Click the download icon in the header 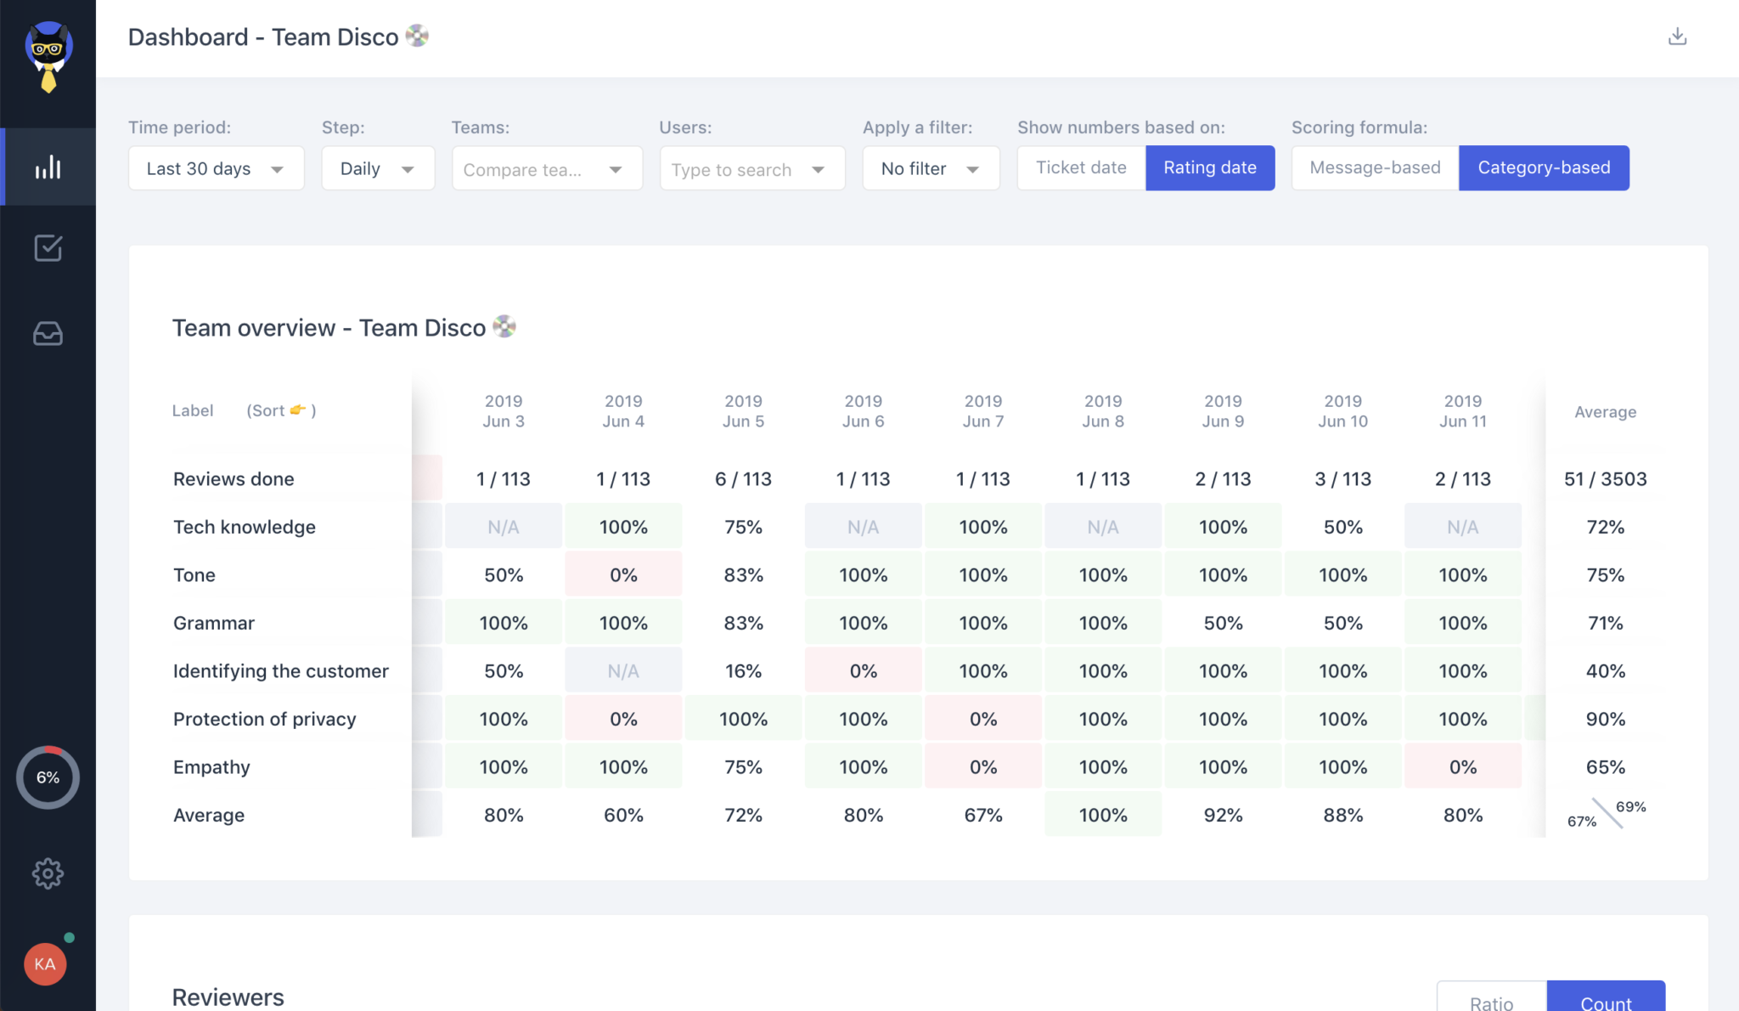coord(1677,37)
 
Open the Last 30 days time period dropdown coord(216,168)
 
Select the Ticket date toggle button coord(1081,167)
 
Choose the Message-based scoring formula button coord(1375,167)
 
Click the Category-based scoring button coord(1544,167)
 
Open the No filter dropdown coord(931,168)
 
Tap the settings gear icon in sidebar coord(48,873)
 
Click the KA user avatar coord(45,964)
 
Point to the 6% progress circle coord(48,777)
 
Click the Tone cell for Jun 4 coord(623,575)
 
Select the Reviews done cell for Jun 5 coord(743,479)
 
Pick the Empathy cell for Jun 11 coord(1462,767)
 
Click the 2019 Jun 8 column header coord(1103,411)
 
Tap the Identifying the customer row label coord(281,671)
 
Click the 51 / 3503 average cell coord(1605,479)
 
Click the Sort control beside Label coord(281,410)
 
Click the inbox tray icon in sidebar coord(48,334)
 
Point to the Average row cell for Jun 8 coord(1103,816)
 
